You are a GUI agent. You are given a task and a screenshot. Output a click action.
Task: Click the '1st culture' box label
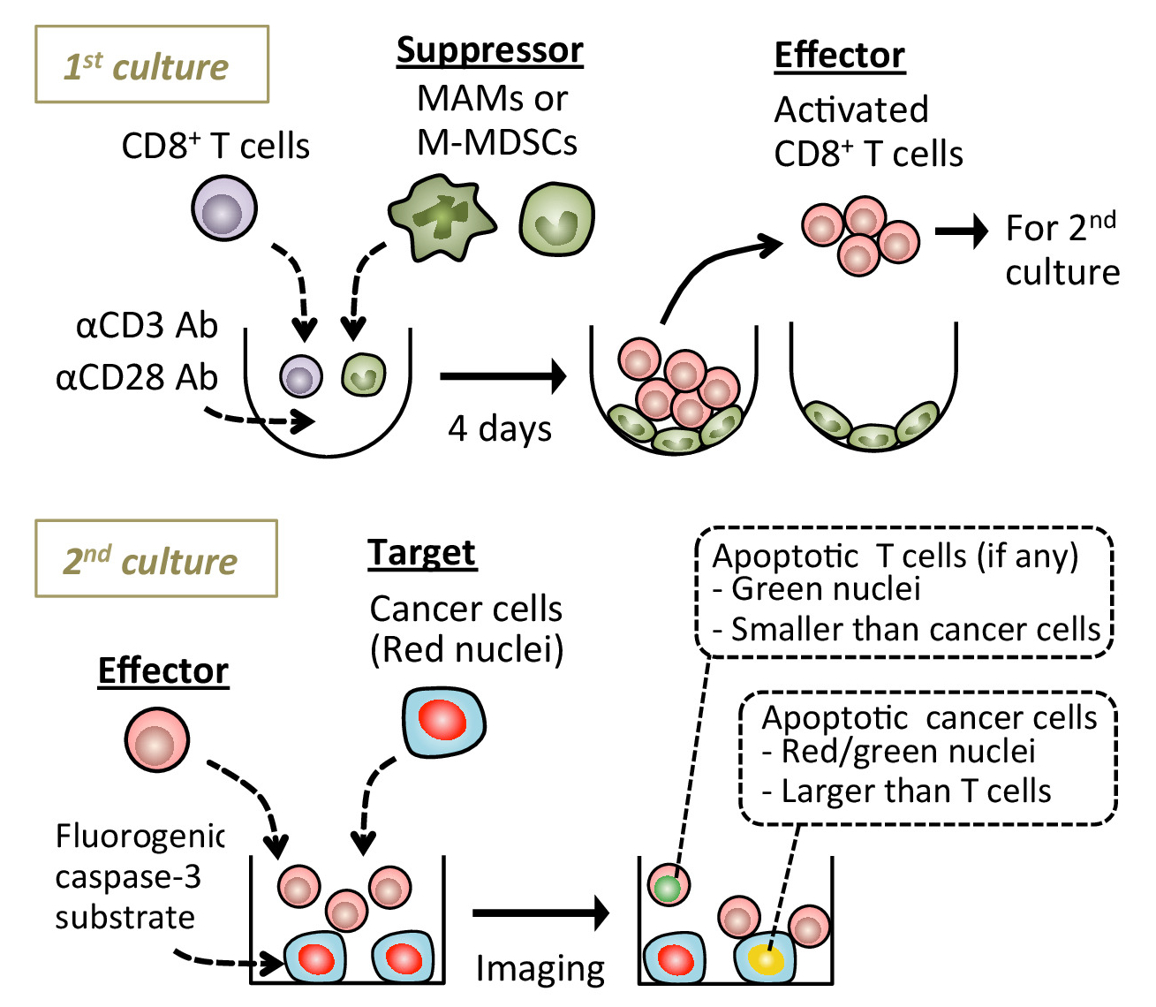tap(151, 65)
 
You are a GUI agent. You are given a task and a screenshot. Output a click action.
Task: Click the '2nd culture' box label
tap(155, 559)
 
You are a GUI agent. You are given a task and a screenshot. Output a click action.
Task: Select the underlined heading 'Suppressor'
tap(489, 50)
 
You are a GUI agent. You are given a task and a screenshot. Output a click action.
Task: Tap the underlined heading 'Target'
tap(421, 553)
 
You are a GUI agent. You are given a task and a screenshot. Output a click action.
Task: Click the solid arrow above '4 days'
tap(502, 376)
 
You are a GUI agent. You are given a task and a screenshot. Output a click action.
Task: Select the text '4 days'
tap(500, 428)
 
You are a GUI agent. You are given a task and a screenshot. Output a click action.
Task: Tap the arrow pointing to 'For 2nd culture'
tap(962, 231)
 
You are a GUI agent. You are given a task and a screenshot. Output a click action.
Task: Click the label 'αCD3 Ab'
tap(147, 326)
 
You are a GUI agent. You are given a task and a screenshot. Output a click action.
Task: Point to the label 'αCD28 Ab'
tap(137, 378)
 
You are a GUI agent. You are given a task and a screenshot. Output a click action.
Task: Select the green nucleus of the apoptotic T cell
tap(669, 886)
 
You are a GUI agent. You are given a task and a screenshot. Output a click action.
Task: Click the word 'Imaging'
tap(540, 969)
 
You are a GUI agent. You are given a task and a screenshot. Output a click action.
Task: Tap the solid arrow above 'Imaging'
tap(540, 912)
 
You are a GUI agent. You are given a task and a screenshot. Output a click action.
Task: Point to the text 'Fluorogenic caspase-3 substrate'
tap(140, 876)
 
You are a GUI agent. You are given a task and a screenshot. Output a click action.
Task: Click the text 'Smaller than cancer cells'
tap(915, 629)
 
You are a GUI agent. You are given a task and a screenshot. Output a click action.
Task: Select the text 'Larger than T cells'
tap(915, 791)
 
